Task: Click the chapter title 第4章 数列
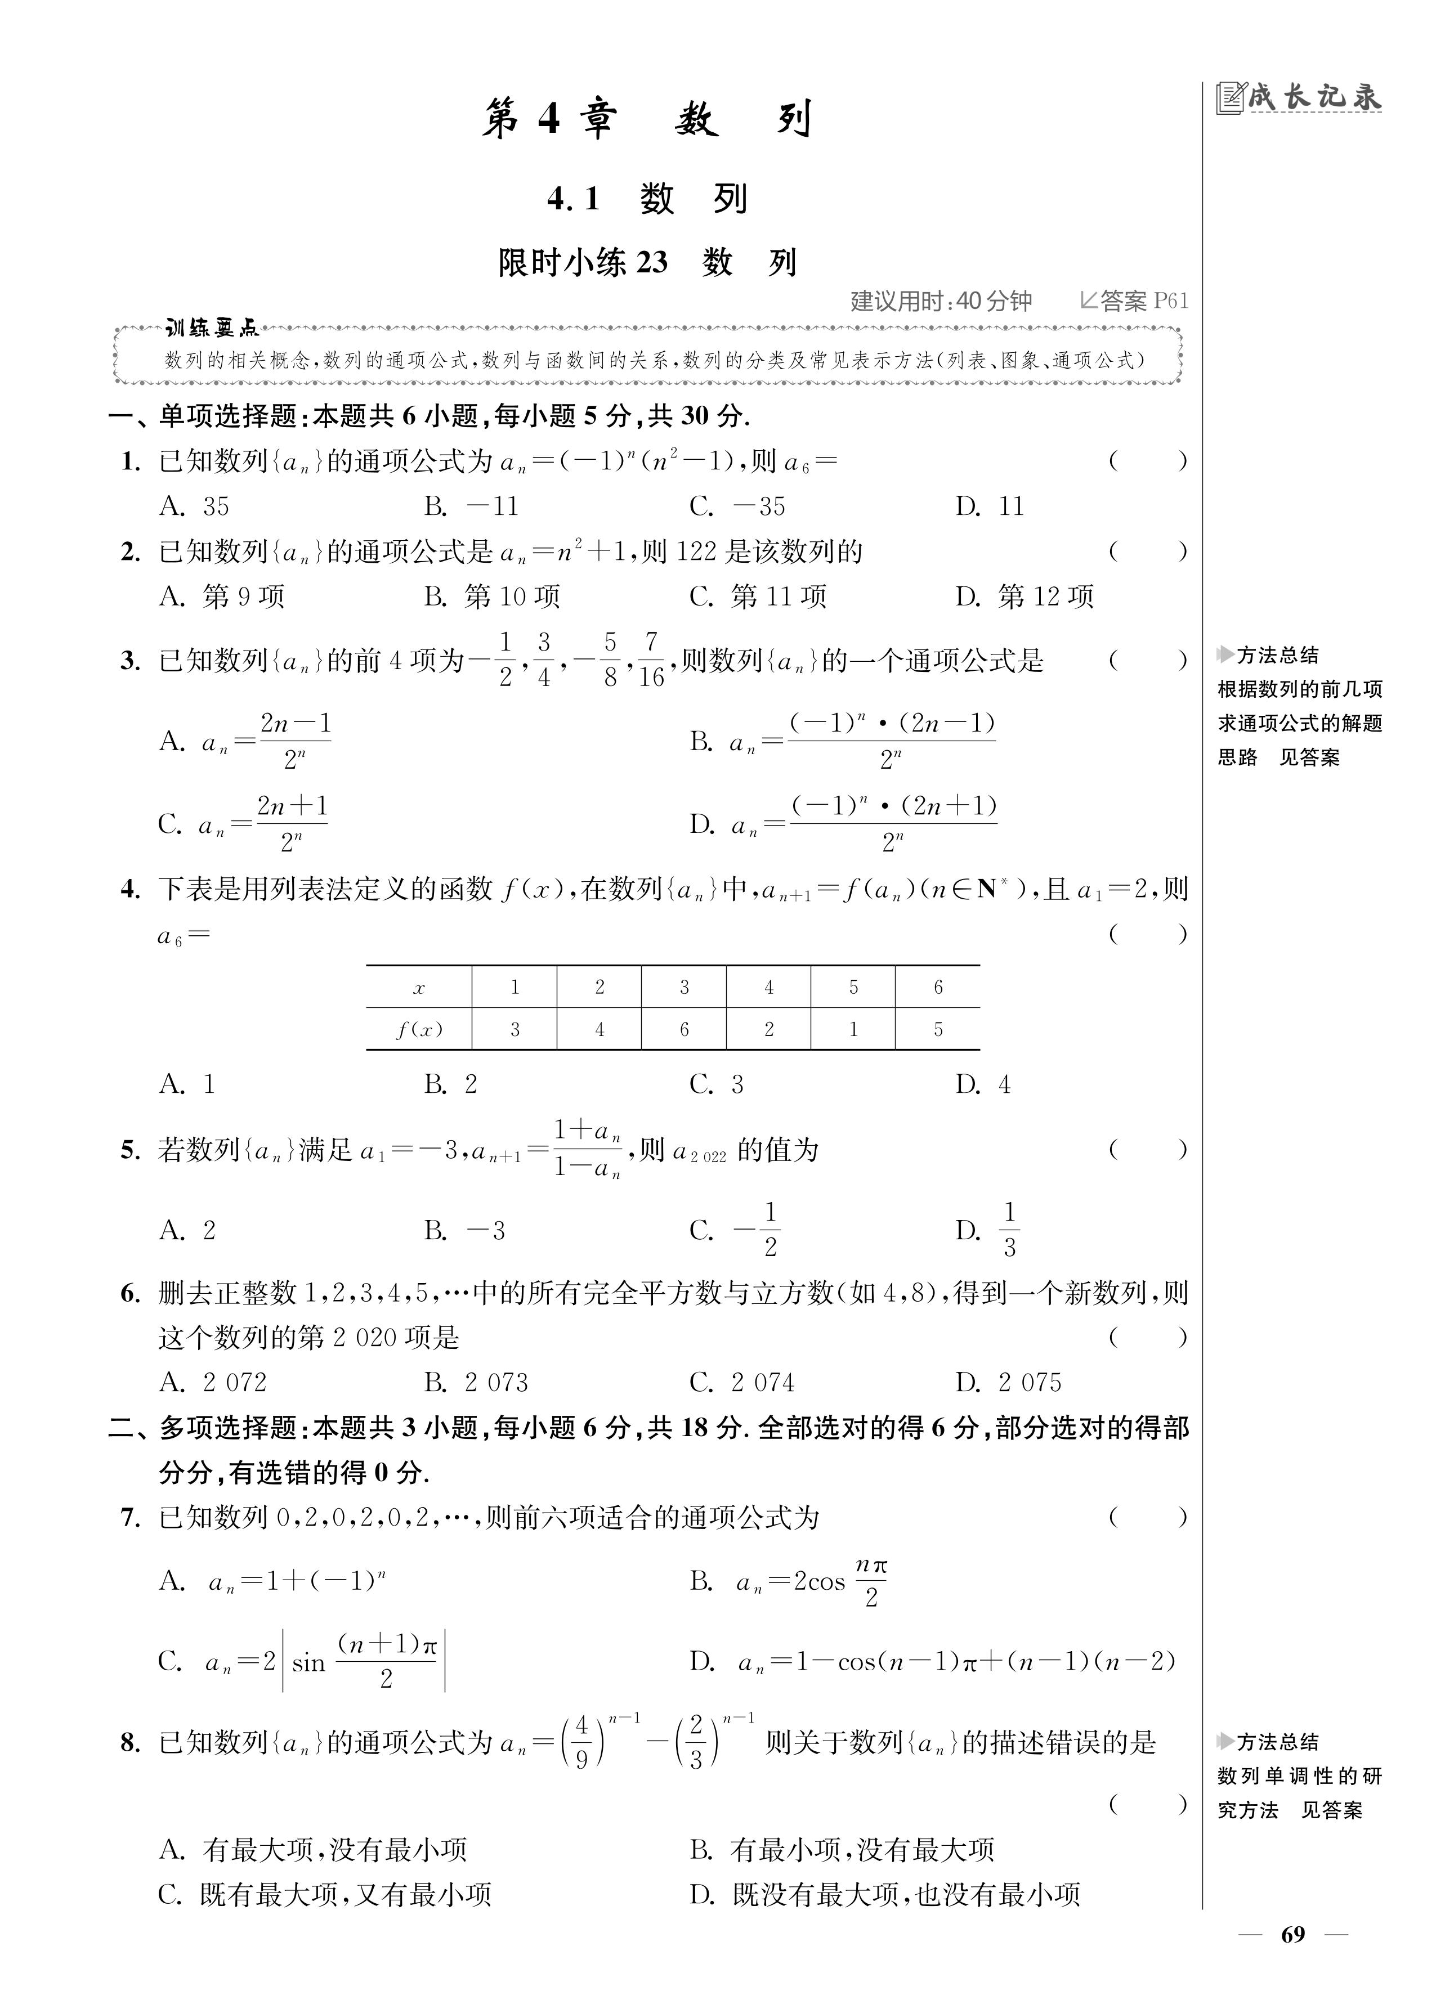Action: click(x=647, y=119)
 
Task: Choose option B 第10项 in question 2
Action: click(x=492, y=597)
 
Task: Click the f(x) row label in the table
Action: click(x=419, y=1029)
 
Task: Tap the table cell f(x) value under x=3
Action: click(x=683, y=1029)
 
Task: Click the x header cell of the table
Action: click(x=419, y=988)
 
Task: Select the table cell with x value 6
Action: click(x=938, y=988)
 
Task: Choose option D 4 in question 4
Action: click(x=983, y=1084)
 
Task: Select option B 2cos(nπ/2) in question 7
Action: click(x=789, y=1582)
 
